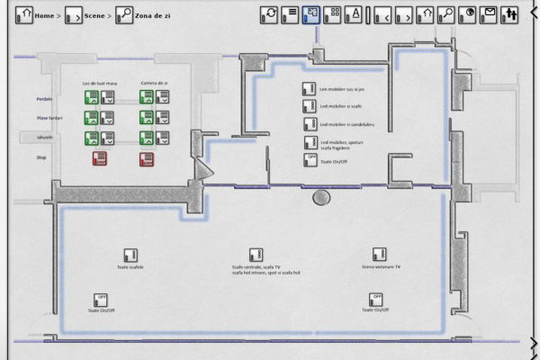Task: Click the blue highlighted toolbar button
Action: pos(310,14)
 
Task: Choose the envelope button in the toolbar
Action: pos(490,14)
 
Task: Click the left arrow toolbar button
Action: pos(382,14)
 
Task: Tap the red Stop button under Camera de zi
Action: pos(146,159)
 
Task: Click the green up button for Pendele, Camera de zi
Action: pos(146,97)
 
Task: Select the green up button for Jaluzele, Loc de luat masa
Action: pos(91,138)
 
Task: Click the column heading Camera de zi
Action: pos(153,83)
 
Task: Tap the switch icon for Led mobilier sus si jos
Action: pos(310,89)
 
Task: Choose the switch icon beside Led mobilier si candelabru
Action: pos(310,124)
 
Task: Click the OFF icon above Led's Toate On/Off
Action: pos(311,159)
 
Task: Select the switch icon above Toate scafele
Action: pos(130,255)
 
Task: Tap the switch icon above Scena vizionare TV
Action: pos(380,255)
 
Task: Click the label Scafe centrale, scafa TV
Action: pos(256,267)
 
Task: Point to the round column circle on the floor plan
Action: pos(319,197)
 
